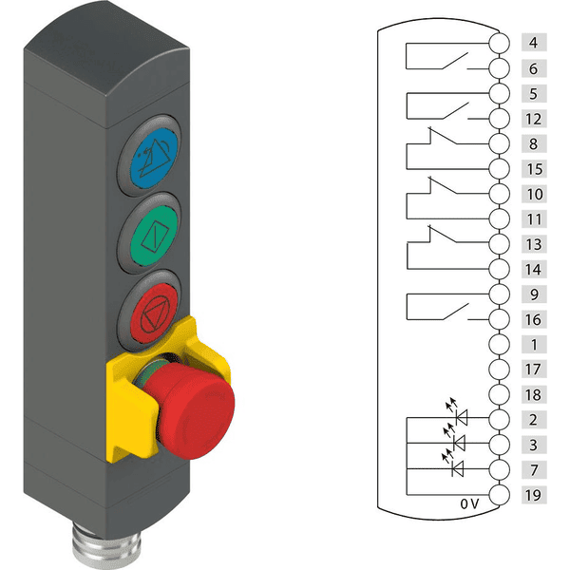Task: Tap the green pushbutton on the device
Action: pyautogui.click(x=154, y=236)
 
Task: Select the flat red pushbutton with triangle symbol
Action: pyautogui.click(x=155, y=313)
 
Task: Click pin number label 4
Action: pyautogui.click(x=534, y=43)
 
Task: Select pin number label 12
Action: pyautogui.click(x=534, y=119)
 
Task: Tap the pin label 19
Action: pyautogui.click(x=534, y=495)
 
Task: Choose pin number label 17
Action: pyautogui.click(x=534, y=370)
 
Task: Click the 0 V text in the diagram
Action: pyautogui.click(x=469, y=503)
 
